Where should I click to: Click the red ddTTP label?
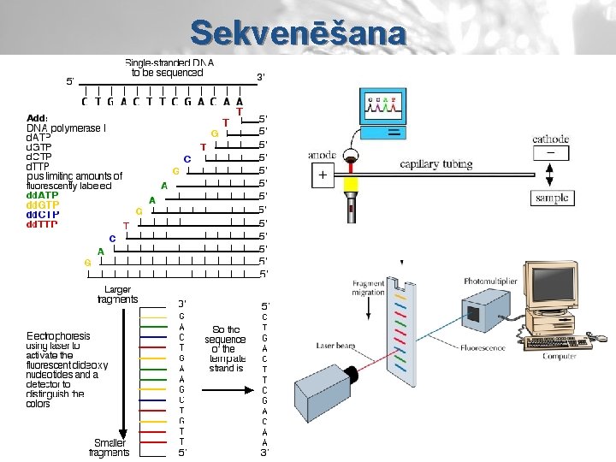(42, 225)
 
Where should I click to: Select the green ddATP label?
(43, 195)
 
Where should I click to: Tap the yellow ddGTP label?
(43, 205)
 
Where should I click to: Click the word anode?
(322, 156)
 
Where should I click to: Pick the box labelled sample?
(551, 198)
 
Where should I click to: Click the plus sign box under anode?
(323, 175)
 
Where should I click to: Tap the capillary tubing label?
(437, 163)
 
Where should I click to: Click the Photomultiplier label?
(490, 281)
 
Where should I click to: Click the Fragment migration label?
(368, 287)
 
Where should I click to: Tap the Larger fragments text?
(117, 294)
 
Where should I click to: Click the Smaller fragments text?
(109, 447)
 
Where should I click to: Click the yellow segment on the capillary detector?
(350, 185)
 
